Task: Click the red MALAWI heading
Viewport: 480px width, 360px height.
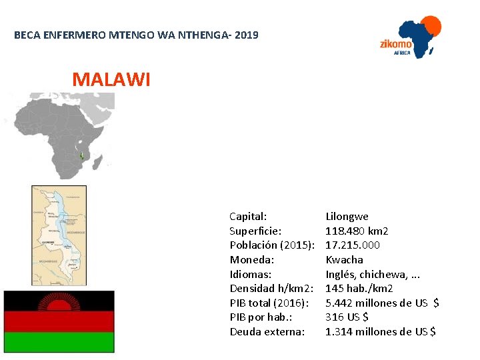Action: point(111,80)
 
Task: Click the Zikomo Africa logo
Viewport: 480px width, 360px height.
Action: point(409,38)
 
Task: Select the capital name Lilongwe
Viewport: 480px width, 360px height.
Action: point(347,217)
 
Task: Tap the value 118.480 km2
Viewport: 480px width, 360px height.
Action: point(357,231)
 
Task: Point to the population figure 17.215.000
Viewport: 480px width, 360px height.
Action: point(353,245)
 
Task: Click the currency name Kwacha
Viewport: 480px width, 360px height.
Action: point(344,260)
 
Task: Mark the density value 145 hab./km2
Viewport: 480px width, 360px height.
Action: point(359,289)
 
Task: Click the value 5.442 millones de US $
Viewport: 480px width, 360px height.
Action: point(381,303)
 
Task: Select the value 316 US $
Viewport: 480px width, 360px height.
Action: point(347,317)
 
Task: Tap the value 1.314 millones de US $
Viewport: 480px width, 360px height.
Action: point(380,332)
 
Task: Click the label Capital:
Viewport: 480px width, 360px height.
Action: point(248,217)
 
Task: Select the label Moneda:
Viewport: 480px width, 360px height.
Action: point(252,260)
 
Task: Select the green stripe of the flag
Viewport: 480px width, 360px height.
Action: point(59,341)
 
